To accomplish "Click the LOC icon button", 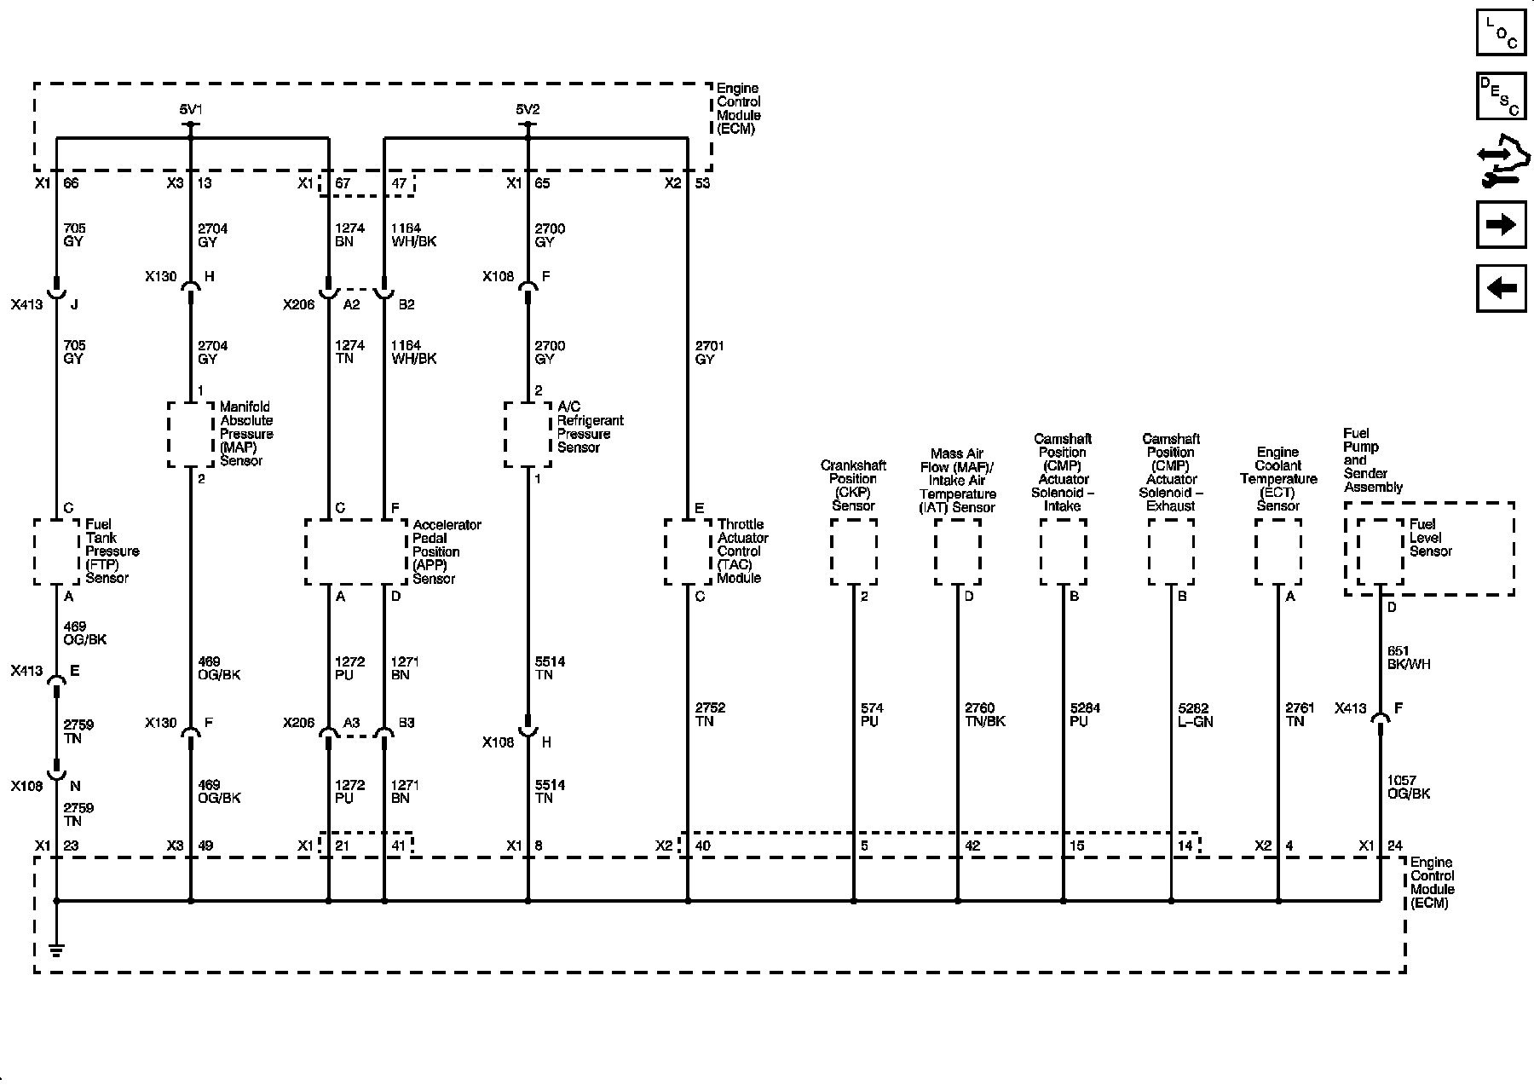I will pos(1501,32).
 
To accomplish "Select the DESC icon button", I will pos(1501,96).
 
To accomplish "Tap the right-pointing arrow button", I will pos(1501,225).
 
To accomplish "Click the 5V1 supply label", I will pos(191,109).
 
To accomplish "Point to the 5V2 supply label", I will pos(528,109).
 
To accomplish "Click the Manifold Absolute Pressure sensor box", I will pos(190,435).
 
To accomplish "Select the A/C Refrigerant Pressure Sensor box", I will pos(528,435).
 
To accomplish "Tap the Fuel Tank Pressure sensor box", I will pos(56,551).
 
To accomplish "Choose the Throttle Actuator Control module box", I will pos(688,551).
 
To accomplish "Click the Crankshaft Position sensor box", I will pos(853,551).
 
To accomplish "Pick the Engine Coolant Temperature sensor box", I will pos(1277,551).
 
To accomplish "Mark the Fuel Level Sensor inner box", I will pos(1380,551).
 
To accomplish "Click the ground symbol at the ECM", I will pos(56,948).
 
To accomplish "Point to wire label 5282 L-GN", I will pos(1195,715).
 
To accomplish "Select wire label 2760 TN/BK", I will pos(984,715).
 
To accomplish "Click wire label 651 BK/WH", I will pos(1408,657).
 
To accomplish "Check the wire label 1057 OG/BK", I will pos(1408,787).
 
